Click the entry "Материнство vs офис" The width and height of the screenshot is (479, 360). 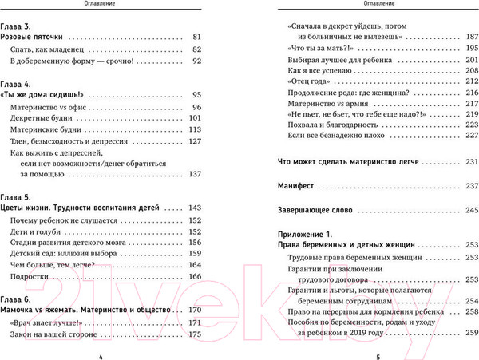(x=47, y=106)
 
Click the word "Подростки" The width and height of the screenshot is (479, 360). (x=30, y=276)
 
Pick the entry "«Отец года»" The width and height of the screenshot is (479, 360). (x=307, y=81)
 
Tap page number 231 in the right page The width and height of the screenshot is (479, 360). (x=469, y=160)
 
